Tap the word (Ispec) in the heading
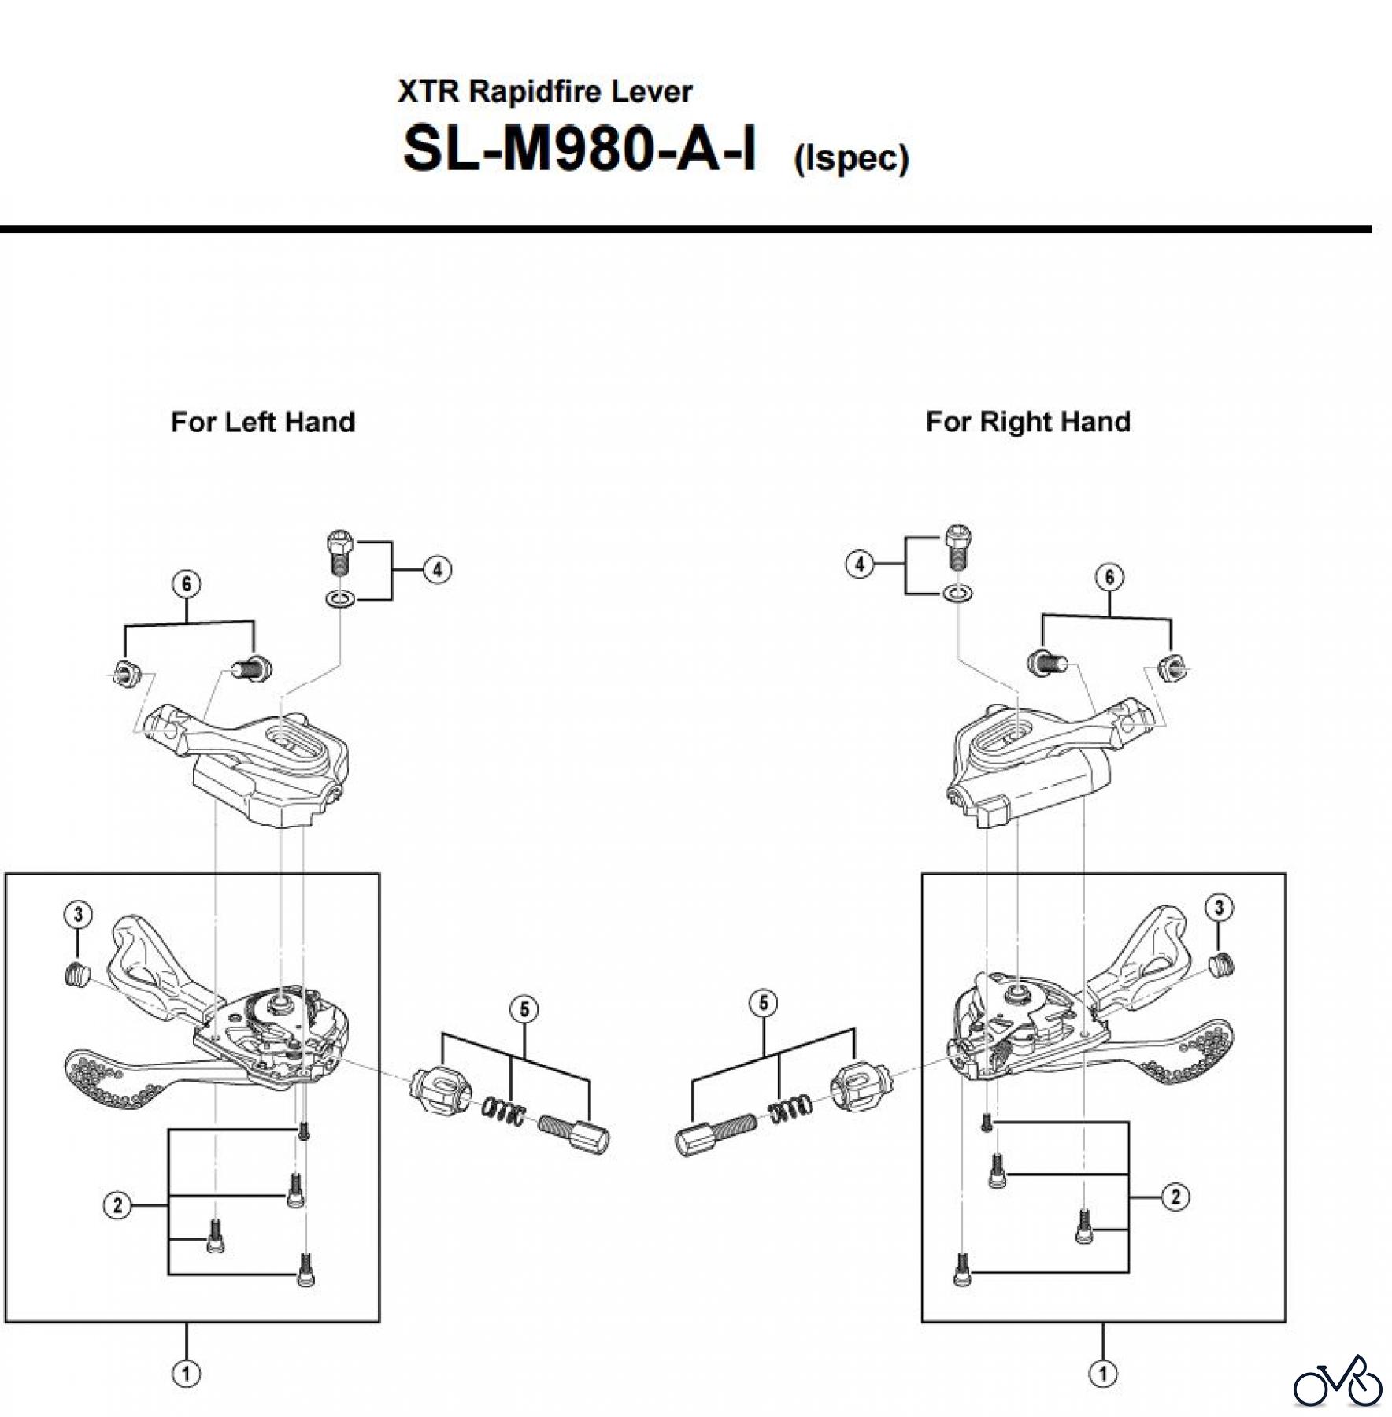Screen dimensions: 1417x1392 coord(851,158)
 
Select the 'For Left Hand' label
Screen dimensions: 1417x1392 coord(262,422)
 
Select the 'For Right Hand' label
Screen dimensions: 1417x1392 coord(1027,422)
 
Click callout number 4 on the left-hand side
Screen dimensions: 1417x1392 coord(438,569)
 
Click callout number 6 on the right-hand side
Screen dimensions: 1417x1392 coord(1109,577)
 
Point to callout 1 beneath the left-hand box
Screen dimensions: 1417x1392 coord(186,1374)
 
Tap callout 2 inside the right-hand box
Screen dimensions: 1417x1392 coord(1175,1197)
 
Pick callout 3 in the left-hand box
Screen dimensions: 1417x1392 coord(77,915)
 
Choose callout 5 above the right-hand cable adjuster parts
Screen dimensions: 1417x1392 coord(763,1003)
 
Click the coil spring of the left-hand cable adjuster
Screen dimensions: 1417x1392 coord(504,1111)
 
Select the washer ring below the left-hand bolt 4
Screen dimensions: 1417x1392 coord(339,601)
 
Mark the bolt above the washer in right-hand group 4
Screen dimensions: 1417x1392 coord(957,545)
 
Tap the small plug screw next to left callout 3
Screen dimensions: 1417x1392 coord(76,975)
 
